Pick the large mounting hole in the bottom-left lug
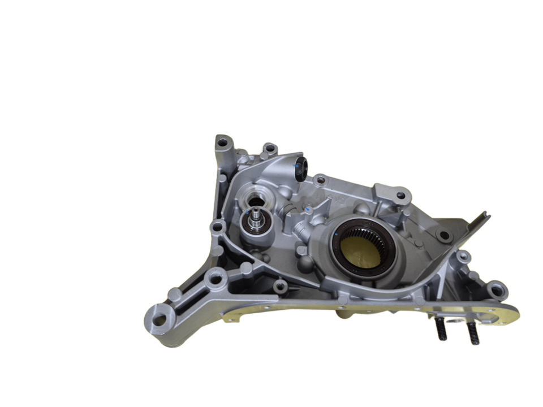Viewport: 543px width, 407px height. pyautogui.click(x=160, y=318)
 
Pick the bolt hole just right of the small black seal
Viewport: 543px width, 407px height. pyautogui.click(x=321, y=180)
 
